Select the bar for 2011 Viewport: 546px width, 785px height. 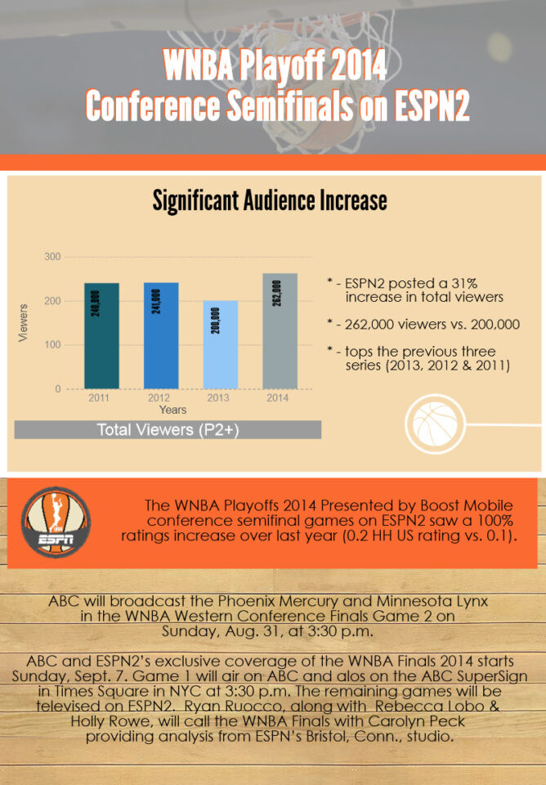[x=101, y=336]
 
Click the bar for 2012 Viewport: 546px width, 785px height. [x=161, y=335]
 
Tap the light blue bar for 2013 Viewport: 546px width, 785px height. [x=221, y=345]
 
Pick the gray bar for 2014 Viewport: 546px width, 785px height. [x=280, y=331]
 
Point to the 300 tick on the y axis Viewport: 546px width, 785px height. [x=52, y=257]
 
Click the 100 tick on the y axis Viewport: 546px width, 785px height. [x=52, y=345]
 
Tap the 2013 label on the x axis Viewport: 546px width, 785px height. [x=218, y=398]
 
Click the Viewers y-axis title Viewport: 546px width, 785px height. [x=23, y=323]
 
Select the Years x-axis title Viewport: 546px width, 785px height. [x=172, y=410]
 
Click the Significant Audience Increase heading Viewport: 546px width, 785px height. [x=270, y=201]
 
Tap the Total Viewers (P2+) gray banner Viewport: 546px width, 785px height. [x=168, y=429]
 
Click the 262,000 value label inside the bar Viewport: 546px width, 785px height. [x=276, y=293]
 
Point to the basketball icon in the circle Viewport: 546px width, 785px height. [x=435, y=424]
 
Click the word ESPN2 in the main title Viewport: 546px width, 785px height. [x=432, y=105]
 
